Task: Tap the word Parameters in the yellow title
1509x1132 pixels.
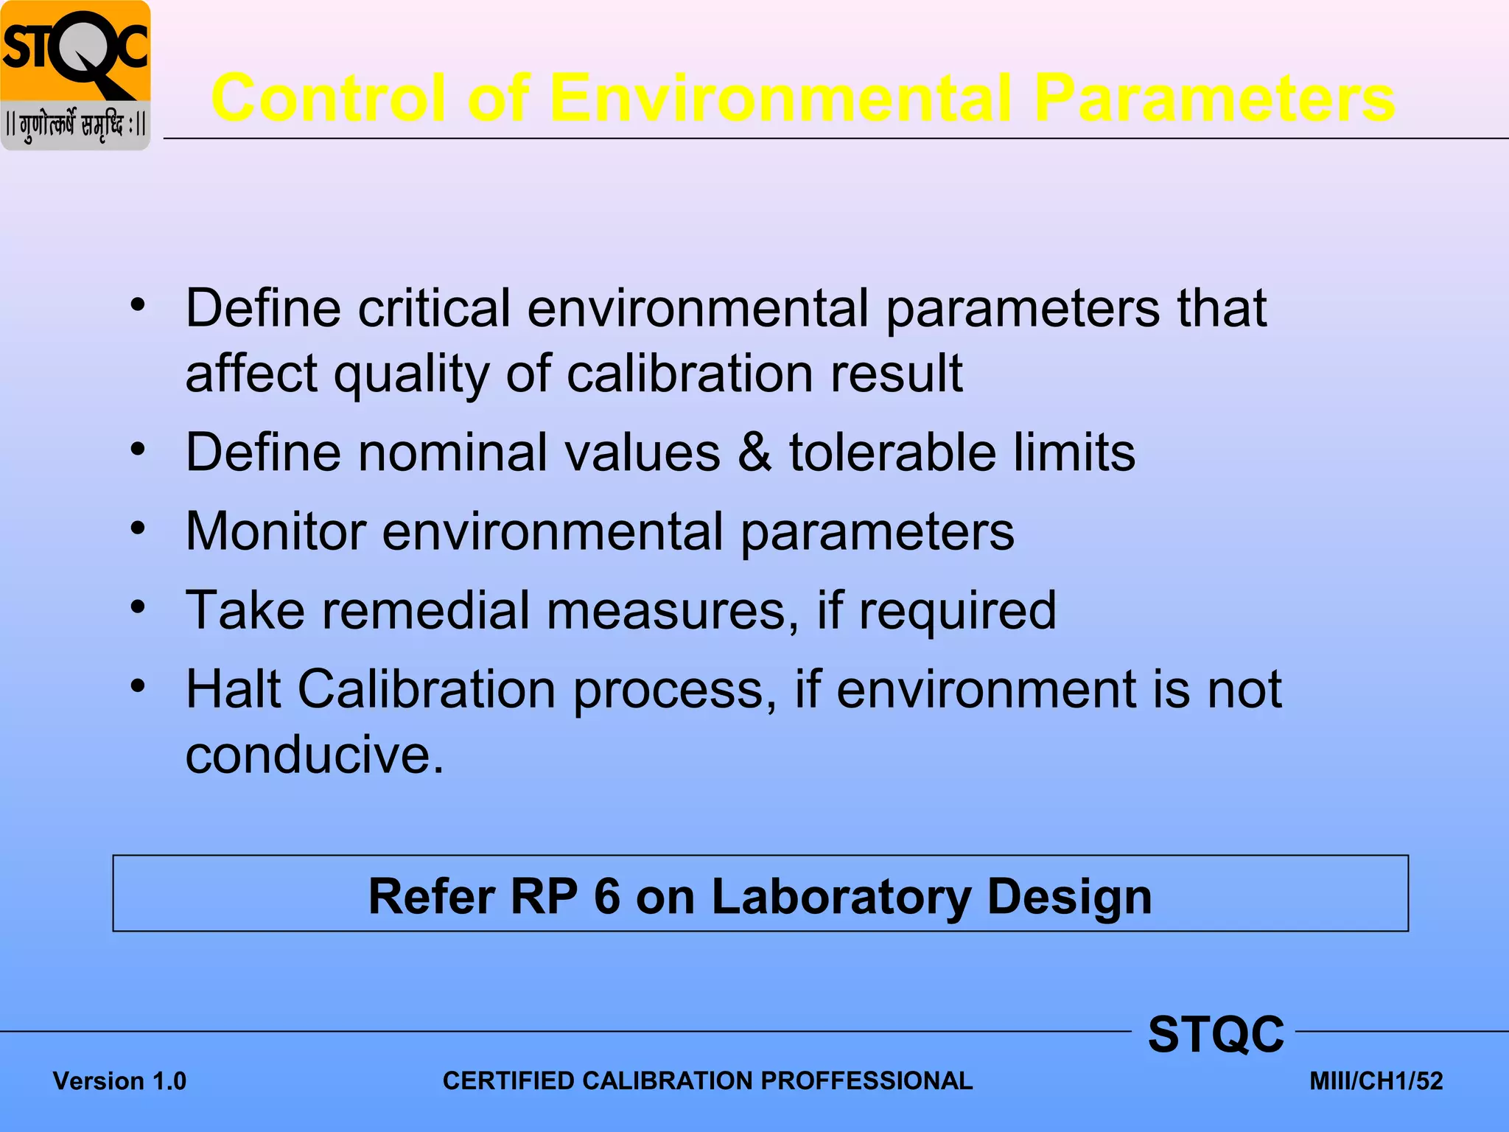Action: tap(1214, 98)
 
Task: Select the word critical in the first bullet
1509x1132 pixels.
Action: tap(434, 308)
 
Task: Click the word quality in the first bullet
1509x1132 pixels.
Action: tap(410, 374)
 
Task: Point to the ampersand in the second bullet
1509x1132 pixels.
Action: tap(754, 452)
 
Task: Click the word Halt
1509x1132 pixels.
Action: tap(233, 689)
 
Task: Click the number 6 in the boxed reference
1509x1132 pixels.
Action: tap(607, 896)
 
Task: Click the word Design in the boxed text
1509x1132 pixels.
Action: tap(1069, 896)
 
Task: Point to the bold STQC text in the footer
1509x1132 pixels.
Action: tap(1215, 1034)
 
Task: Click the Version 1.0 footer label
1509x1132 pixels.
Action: tap(119, 1081)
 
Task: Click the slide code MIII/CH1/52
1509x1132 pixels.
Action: tap(1376, 1081)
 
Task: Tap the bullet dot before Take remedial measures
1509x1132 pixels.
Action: tap(138, 608)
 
